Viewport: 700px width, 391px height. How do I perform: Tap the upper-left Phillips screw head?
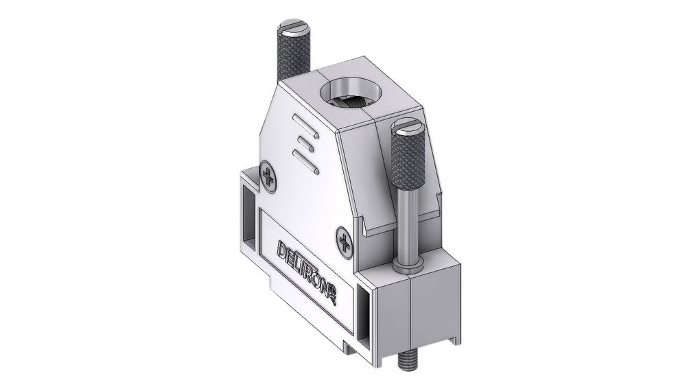tap(268, 176)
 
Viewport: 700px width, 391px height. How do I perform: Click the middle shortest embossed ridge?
tap(303, 143)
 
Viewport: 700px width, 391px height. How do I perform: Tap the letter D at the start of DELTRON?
tap(282, 248)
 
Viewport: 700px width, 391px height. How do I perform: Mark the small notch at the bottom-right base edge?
tap(451, 339)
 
